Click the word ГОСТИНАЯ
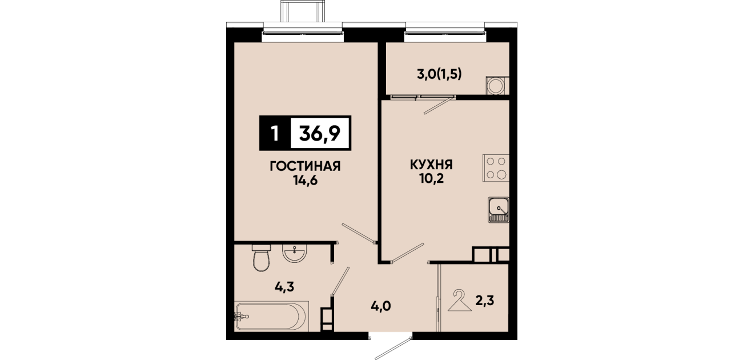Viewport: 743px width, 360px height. (x=305, y=166)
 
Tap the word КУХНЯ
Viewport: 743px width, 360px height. (x=431, y=165)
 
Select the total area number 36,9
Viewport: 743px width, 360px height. (x=319, y=134)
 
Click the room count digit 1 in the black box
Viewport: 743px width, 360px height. (x=274, y=134)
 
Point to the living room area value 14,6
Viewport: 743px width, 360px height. (x=305, y=181)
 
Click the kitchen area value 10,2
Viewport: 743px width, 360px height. (x=431, y=179)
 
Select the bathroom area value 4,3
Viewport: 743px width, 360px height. (x=284, y=286)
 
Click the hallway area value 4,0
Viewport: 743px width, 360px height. (x=381, y=306)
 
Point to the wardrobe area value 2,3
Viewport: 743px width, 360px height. (x=485, y=301)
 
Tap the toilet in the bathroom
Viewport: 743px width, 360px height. (x=262, y=258)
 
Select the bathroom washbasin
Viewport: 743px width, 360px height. (x=295, y=253)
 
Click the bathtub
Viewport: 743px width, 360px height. (x=271, y=316)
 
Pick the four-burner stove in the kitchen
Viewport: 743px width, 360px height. (x=496, y=168)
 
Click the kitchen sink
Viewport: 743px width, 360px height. (x=498, y=210)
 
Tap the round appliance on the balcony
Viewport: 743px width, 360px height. (x=496, y=86)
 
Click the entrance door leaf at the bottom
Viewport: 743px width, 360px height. (x=393, y=349)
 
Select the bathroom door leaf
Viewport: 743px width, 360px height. (x=340, y=281)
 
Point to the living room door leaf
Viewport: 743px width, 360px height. (x=359, y=234)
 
